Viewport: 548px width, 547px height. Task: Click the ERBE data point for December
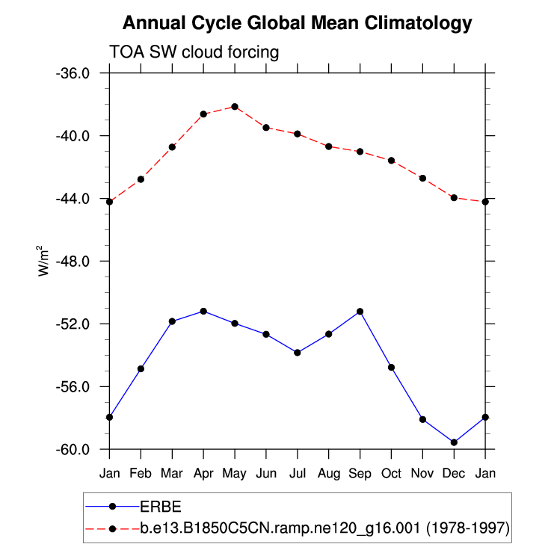[454, 442]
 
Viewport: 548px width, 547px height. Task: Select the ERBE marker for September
[360, 311]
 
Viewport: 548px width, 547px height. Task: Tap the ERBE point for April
[203, 311]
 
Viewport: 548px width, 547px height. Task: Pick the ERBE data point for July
[298, 352]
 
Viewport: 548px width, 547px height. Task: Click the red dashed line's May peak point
[235, 107]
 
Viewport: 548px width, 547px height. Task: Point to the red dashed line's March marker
[172, 146]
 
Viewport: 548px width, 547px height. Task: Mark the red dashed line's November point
[422, 178]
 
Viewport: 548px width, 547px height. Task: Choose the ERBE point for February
[141, 368]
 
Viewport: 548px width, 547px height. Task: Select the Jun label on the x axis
[266, 472]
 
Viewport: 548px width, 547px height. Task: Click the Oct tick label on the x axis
[391, 472]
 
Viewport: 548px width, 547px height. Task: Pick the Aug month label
[328, 472]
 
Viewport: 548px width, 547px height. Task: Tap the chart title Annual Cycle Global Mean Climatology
[298, 23]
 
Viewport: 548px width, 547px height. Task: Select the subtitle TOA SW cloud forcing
[194, 52]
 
